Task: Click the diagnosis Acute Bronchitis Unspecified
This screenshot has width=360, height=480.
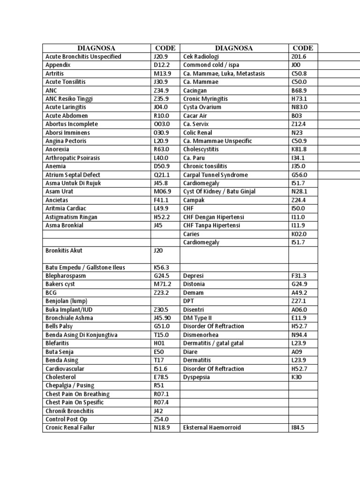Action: point(83,57)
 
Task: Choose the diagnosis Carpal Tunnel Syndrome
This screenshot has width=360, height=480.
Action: point(215,175)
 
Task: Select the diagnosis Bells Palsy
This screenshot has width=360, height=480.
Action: point(60,327)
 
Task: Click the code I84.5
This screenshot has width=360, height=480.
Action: point(298,428)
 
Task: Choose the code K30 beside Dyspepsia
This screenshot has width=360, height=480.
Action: point(296,377)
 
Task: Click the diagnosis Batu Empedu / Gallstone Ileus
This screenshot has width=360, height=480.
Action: point(85,268)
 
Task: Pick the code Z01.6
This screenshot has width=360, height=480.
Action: point(299,57)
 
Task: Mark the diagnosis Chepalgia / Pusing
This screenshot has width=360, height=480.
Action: point(70,386)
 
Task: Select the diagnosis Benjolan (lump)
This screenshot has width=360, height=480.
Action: point(67,301)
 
